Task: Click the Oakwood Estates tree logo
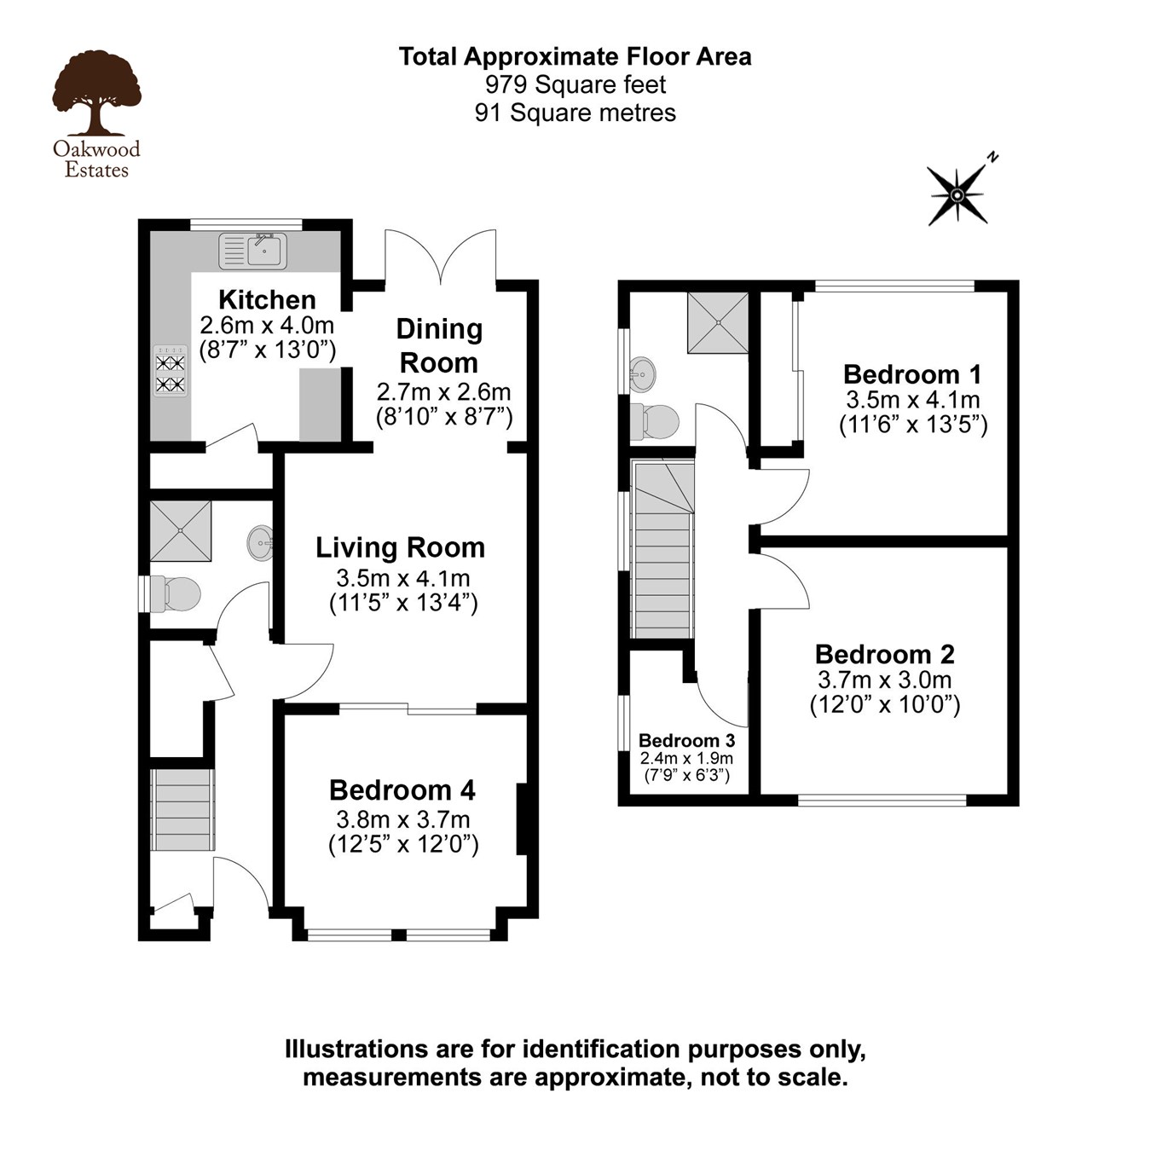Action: coord(95,93)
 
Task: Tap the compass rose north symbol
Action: coord(958,195)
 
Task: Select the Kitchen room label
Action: coord(267,299)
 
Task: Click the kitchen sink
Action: coord(254,251)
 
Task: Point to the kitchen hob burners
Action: coord(171,372)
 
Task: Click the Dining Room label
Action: coord(439,345)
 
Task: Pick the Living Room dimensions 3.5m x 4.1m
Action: coord(403,578)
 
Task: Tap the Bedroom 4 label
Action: coord(402,790)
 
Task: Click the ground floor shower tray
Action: coord(181,530)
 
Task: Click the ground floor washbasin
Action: coord(261,541)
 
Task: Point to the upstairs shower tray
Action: coord(718,322)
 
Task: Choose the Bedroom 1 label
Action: coord(912,374)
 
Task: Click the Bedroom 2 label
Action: coord(884,654)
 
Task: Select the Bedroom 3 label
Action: coord(686,740)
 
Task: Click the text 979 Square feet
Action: coord(575,84)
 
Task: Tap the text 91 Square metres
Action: coord(575,113)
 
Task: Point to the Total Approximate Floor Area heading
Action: coord(575,56)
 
